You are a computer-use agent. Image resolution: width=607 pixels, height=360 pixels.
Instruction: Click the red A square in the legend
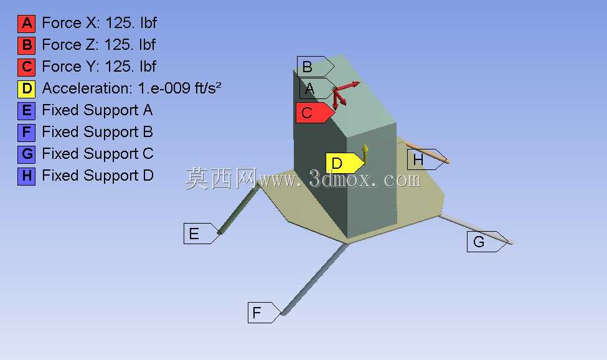pyautogui.click(x=26, y=24)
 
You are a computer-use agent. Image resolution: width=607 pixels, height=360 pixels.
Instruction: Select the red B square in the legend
pyautogui.click(x=26, y=45)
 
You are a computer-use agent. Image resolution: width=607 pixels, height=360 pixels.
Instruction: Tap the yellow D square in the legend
pyautogui.click(x=26, y=89)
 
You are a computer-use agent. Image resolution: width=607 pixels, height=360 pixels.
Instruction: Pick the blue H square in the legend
pyautogui.click(x=26, y=176)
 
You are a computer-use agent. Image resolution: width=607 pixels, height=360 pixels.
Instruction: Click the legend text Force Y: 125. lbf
pyautogui.click(x=99, y=67)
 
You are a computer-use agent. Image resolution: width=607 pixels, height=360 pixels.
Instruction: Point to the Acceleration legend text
pyautogui.click(x=131, y=88)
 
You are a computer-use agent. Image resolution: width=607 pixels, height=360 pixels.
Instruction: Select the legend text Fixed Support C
pyautogui.click(x=98, y=154)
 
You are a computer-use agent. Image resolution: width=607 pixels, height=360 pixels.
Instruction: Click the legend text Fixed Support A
pyautogui.click(x=97, y=110)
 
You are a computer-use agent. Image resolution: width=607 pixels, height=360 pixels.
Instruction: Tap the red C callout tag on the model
pyautogui.click(x=315, y=113)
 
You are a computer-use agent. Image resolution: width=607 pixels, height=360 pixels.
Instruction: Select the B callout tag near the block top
pyautogui.click(x=316, y=67)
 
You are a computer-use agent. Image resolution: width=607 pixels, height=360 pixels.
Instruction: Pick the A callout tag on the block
pyautogui.click(x=318, y=88)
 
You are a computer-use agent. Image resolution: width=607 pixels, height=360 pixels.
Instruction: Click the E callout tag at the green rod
pyautogui.click(x=201, y=234)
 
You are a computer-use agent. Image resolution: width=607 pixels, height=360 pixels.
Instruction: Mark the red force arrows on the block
pyautogui.click(x=343, y=93)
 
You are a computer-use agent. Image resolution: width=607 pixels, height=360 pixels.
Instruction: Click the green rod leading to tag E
pyautogui.click(x=238, y=209)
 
